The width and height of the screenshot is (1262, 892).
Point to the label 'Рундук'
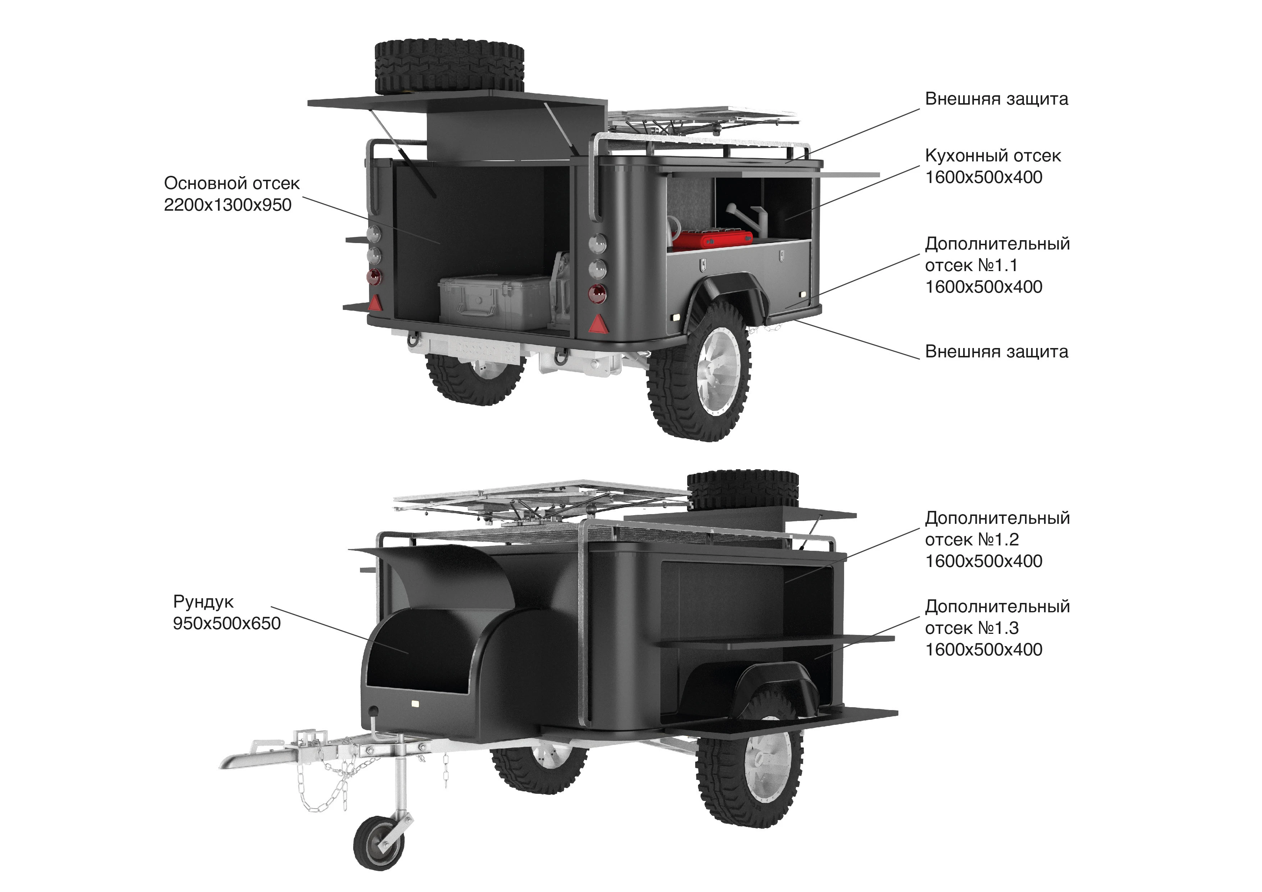tap(203, 602)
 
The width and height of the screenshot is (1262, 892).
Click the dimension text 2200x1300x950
tap(228, 205)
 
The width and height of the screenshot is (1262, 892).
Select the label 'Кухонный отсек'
tap(993, 156)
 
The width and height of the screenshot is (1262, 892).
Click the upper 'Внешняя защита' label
tap(997, 99)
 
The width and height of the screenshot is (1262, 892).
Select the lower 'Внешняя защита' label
tap(997, 352)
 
